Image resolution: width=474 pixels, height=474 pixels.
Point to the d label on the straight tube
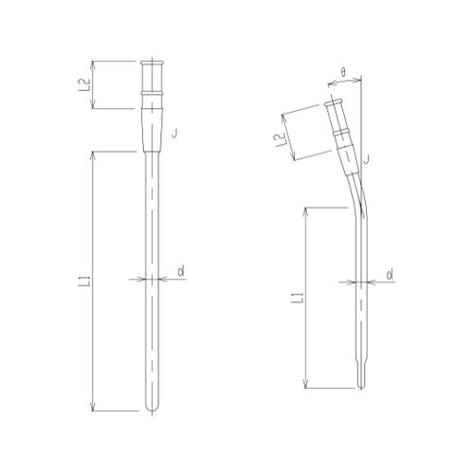pos(180,272)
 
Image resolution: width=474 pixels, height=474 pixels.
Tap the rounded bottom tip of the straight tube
pos(152,409)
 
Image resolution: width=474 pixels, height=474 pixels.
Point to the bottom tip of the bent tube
pos(359,386)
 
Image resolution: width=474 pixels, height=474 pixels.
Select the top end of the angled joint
pos(334,101)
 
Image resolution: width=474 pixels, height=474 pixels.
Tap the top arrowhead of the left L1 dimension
pos(92,154)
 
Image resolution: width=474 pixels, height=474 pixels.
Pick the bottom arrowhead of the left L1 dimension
pos(92,408)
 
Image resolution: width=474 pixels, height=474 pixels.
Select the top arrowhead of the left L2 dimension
pos(93,63)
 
